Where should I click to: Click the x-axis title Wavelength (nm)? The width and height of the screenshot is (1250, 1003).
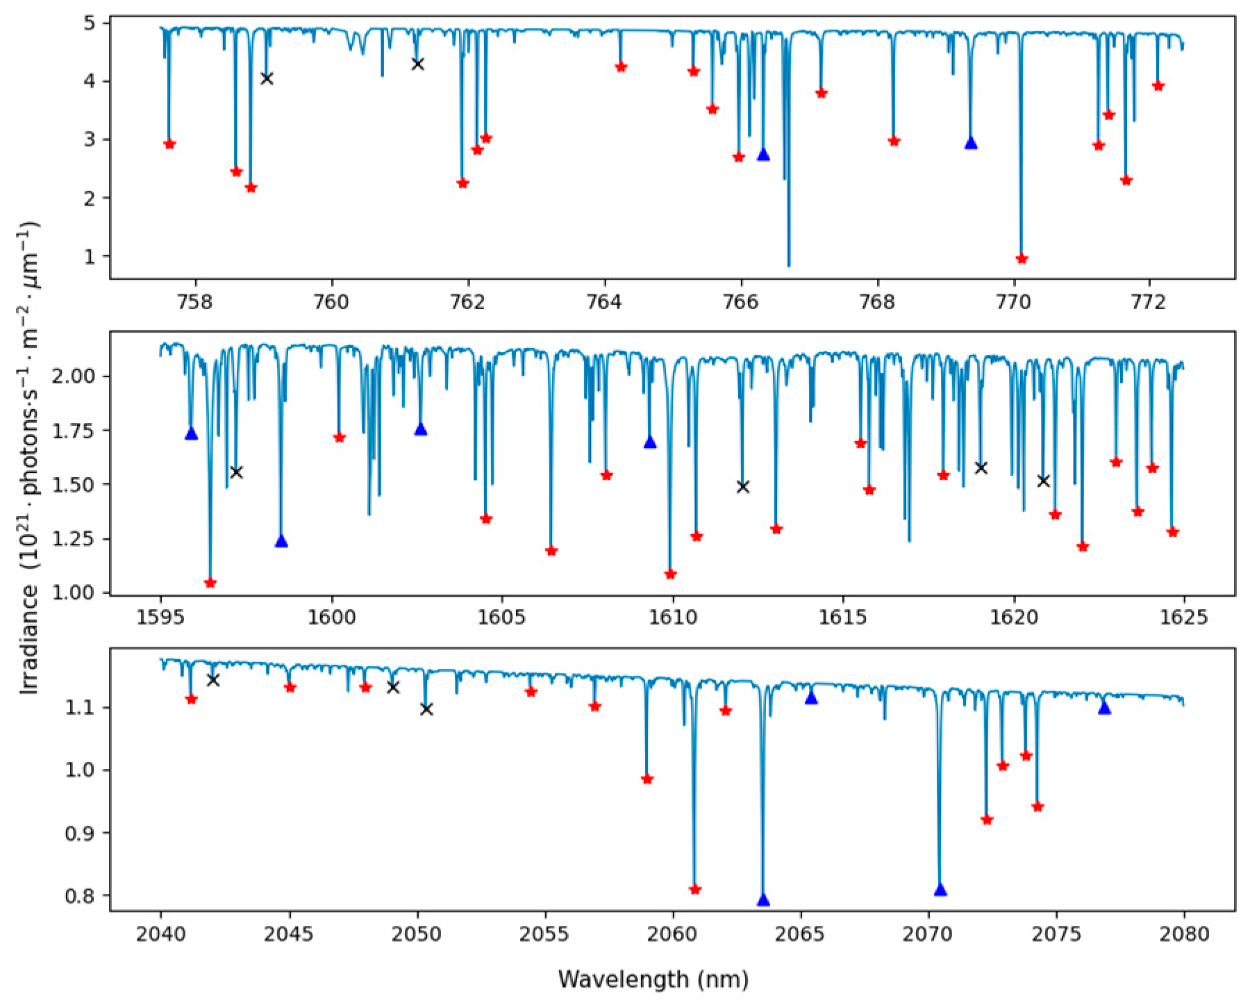click(653, 979)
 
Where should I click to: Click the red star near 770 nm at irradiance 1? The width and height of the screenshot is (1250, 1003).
click(1022, 259)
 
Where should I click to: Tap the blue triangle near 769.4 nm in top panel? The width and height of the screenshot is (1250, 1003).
click(971, 143)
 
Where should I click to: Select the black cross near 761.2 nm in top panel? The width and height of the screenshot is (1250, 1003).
click(417, 65)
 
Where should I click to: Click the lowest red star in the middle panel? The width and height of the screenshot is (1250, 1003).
click(210, 583)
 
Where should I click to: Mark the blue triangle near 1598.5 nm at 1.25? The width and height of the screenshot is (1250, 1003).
click(281, 542)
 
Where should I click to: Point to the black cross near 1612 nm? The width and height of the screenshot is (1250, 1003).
click(743, 487)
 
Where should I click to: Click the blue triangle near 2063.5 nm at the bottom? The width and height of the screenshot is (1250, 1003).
click(763, 900)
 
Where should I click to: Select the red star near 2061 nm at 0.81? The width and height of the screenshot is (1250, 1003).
click(695, 890)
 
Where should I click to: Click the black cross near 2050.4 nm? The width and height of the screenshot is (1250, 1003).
click(426, 709)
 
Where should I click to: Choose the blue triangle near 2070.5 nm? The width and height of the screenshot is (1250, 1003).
click(940, 890)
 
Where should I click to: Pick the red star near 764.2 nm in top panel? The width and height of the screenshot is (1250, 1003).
click(621, 67)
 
